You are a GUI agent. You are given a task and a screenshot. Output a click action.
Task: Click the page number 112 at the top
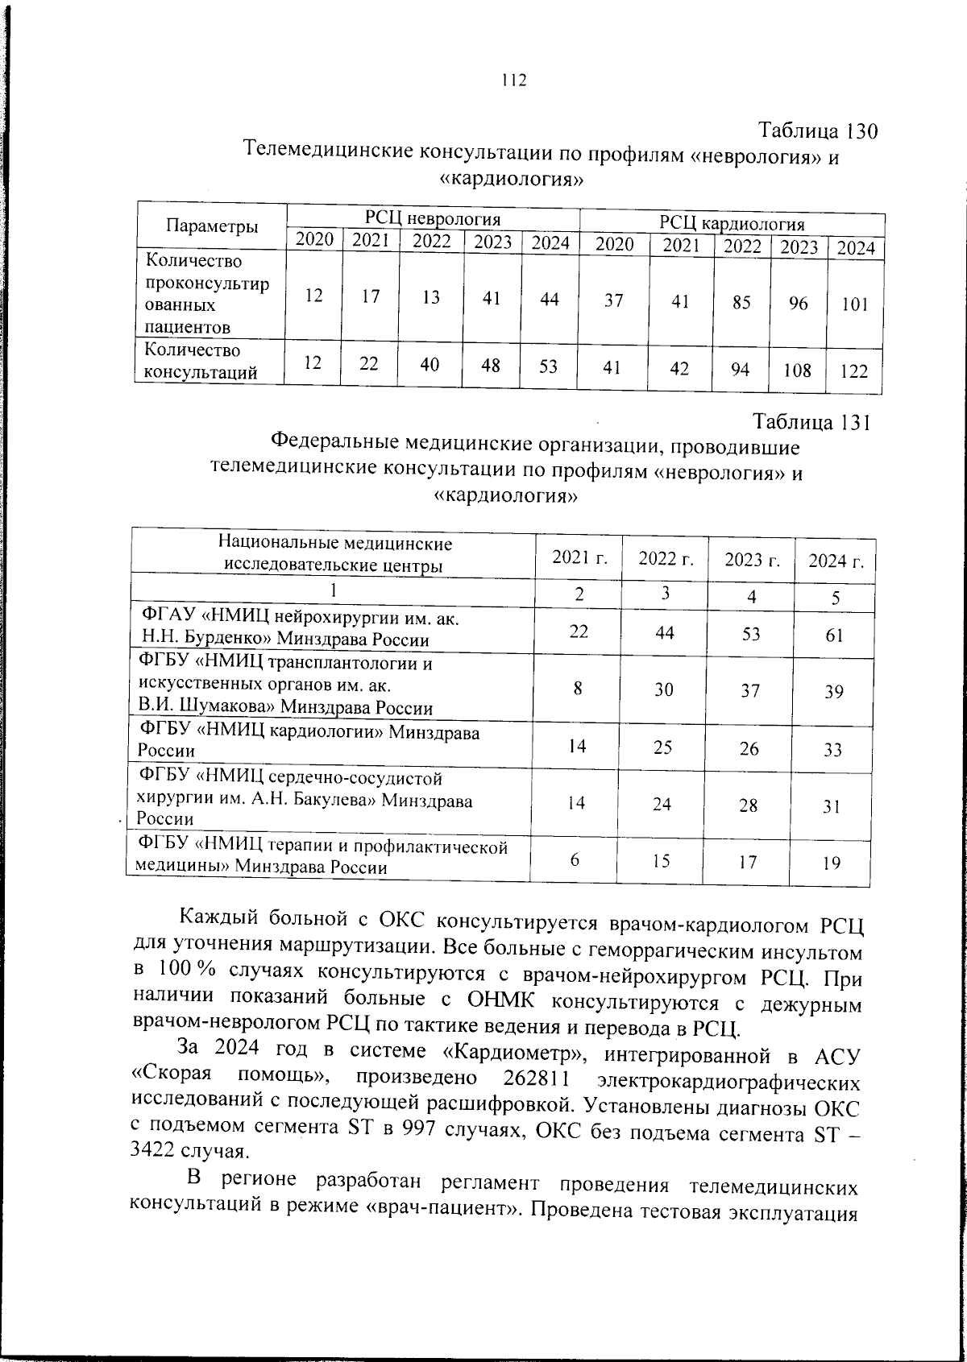(513, 80)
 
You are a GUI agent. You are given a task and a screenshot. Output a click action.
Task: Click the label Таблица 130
(817, 130)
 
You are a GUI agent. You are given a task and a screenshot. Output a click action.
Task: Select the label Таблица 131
(811, 422)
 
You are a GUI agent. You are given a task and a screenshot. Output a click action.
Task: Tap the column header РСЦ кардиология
(732, 223)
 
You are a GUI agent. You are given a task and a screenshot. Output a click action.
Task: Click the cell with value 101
(855, 305)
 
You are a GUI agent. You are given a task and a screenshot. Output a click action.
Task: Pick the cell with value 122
(853, 371)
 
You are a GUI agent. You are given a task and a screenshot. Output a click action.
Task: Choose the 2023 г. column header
(752, 560)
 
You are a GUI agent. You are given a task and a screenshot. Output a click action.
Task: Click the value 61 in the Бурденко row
(834, 635)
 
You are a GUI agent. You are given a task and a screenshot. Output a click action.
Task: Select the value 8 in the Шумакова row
(578, 689)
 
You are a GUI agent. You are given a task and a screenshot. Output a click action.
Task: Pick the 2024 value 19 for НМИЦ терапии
(832, 863)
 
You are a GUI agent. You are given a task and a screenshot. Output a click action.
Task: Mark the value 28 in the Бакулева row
(748, 805)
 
